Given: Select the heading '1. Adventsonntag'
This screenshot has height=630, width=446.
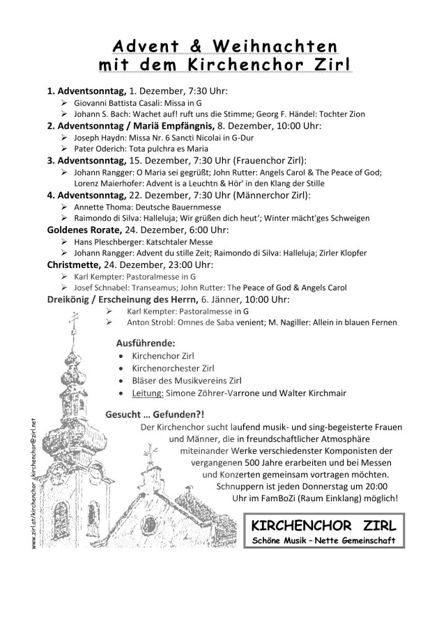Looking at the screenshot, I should [x=86, y=91].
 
